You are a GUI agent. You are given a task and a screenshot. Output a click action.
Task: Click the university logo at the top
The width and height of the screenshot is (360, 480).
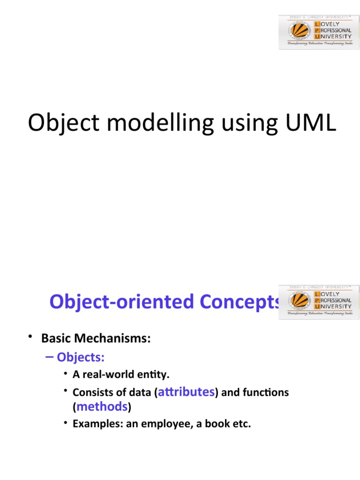click(316, 32)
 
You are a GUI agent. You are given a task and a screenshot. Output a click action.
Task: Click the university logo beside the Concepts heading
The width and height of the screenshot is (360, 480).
click(316, 301)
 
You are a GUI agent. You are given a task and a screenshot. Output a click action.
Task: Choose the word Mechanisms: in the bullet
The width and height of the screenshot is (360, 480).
click(114, 338)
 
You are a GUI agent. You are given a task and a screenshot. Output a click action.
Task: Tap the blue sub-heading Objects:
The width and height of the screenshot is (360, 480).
click(80, 358)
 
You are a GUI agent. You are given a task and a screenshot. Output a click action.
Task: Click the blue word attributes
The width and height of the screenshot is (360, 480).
click(187, 392)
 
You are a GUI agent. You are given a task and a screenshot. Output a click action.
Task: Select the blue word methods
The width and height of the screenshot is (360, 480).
click(102, 406)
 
